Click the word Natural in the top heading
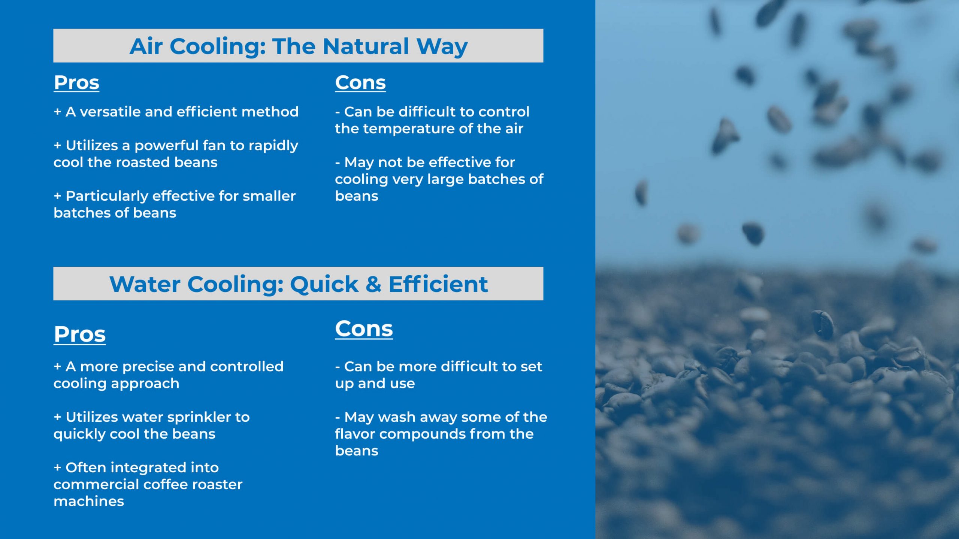[366, 46]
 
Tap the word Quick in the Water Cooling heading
[324, 284]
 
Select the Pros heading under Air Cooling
[76, 83]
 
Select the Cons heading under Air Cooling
[360, 83]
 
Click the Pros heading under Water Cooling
[79, 334]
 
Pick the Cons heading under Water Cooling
[364, 329]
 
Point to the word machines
[88, 501]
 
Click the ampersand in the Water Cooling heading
[373, 284]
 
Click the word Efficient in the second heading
[438, 284]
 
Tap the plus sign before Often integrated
[57, 467]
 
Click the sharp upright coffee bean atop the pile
[822, 324]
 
